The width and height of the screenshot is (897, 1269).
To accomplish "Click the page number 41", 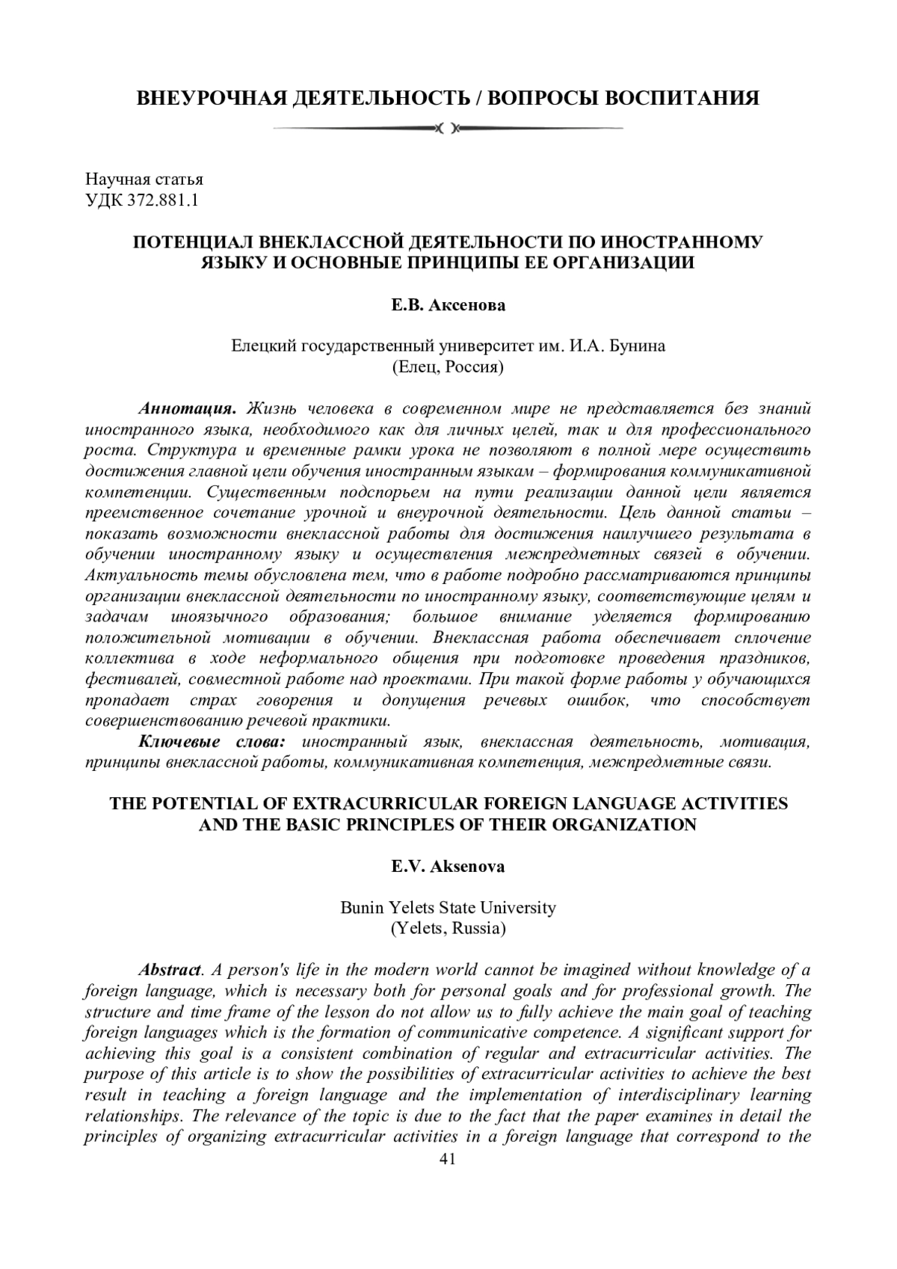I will click(x=449, y=1160).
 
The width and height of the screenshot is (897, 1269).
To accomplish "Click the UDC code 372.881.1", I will click(x=160, y=200).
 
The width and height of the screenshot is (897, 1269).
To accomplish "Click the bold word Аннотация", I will click(x=188, y=409).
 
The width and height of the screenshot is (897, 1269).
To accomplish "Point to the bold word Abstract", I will click(x=170, y=970).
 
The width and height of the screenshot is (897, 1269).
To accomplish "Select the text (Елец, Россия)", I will click(x=448, y=367).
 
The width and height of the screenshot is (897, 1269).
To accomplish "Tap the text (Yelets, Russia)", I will click(x=448, y=929).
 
